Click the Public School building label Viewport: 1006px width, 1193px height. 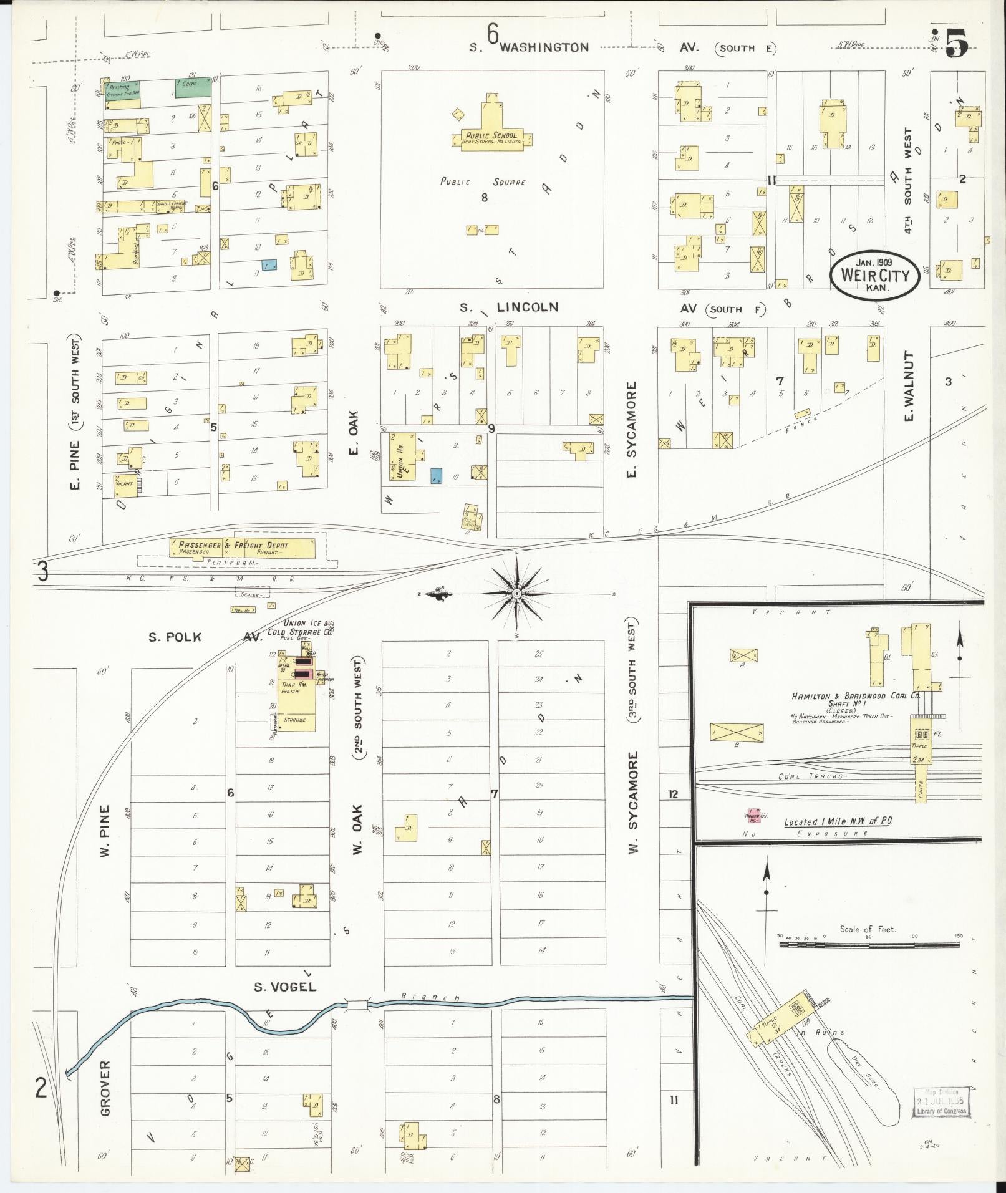(491, 136)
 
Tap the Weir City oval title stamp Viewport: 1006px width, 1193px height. (874, 275)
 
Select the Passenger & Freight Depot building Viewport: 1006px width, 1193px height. (242, 548)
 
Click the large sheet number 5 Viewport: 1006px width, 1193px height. (956, 43)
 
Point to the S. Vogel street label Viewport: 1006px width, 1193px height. (285, 987)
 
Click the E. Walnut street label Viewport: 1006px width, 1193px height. (909, 387)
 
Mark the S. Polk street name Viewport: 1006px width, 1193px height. (175, 637)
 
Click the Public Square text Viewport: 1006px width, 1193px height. (483, 182)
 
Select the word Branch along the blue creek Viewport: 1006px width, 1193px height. (430, 997)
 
